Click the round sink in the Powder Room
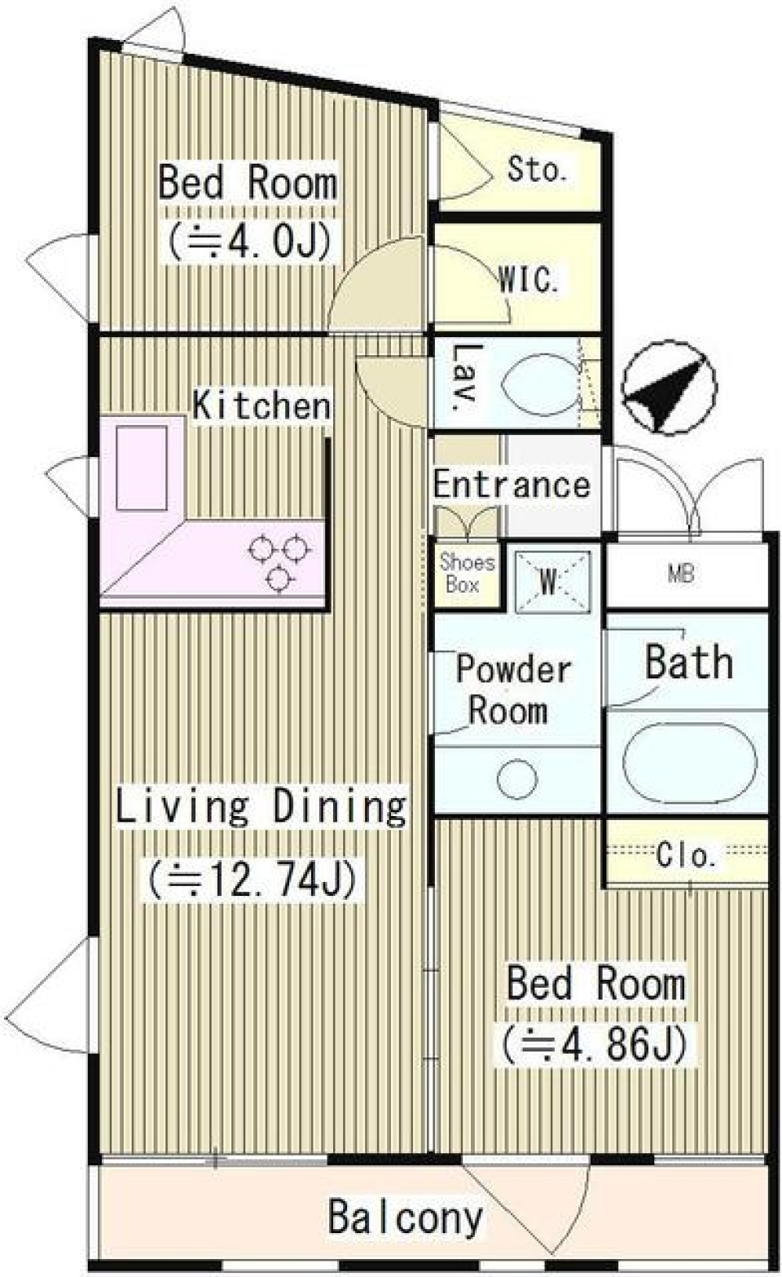pyautogui.click(x=517, y=779)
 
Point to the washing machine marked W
pyautogui.click(x=551, y=580)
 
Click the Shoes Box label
pyautogui.click(x=467, y=573)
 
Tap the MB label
pyautogui.click(x=681, y=574)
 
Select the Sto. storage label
pyautogui.click(x=536, y=169)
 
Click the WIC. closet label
pyautogui.click(x=529, y=280)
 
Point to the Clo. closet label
pyautogui.click(x=687, y=855)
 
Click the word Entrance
pyautogui.click(x=512, y=485)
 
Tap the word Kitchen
pyautogui.click(x=261, y=406)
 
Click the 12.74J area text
pyautogui.click(x=252, y=879)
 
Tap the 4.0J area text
pyautogui.click(x=249, y=241)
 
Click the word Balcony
pyautogui.click(x=405, y=1218)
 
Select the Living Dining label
pyautogui.click(x=261, y=805)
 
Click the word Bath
pyautogui.click(x=688, y=662)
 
